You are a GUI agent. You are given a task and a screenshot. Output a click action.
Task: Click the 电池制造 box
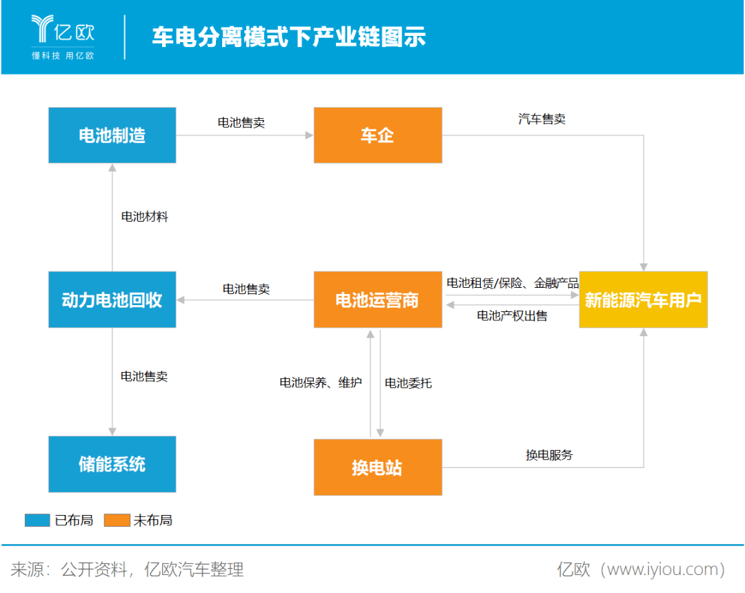coord(112,135)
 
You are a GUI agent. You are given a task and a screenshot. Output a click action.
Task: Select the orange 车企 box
coord(378,135)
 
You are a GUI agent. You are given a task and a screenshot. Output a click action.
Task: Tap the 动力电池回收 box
coord(112,300)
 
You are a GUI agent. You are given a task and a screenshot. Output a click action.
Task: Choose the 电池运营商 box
coord(378,300)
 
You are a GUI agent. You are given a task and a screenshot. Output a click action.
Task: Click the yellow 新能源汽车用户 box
coord(644,300)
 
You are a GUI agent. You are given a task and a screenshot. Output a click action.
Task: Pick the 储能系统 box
coord(112,464)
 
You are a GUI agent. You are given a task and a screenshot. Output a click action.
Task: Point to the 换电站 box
coord(378,467)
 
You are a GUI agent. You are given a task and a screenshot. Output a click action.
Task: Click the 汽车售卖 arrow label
coord(542,119)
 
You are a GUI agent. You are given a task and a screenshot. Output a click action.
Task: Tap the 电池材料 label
coord(144,217)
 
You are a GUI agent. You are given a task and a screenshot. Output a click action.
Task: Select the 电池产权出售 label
coord(512,315)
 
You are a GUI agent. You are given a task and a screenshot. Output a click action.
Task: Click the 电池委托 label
coord(408,383)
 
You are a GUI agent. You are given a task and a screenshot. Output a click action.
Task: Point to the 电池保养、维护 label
coord(321,382)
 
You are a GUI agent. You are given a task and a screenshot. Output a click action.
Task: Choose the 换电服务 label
coord(549,455)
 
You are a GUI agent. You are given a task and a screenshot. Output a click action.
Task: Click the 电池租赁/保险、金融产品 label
coord(513,284)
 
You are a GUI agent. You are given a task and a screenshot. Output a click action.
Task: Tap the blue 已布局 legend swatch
coord(37,521)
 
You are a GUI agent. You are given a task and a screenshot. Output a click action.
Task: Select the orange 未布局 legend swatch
coord(117,521)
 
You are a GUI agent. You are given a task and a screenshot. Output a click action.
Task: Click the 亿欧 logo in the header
coord(63,37)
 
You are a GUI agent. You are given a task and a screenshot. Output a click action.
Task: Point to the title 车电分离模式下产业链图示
coord(289,37)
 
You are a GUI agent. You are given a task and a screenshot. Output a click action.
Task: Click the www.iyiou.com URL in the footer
coord(662,570)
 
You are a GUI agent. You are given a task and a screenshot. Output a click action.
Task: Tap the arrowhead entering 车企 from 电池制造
coord(309,135)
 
